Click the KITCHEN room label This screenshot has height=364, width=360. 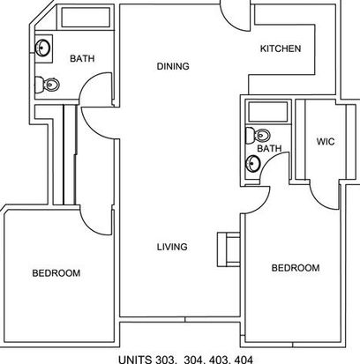click(x=281, y=48)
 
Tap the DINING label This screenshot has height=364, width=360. click(x=173, y=66)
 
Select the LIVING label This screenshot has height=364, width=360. click(x=172, y=247)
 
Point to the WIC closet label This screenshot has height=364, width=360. click(x=326, y=142)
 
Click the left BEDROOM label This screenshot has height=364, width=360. click(x=56, y=273)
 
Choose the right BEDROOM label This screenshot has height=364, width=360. click(x=296, y=268)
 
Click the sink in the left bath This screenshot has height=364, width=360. click(x=42, y=48)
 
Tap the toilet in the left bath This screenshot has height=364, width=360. click(x=47, y=85)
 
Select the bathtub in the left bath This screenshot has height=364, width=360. click(x=86, y=18)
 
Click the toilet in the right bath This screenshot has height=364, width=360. click(x=258, y=136)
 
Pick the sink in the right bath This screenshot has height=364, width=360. click(x=253, y=164)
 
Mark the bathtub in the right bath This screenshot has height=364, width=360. click(x=268, y=112)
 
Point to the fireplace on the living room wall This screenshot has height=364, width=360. click(x=229, y=249)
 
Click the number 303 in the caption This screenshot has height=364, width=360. click(x=163, y=360)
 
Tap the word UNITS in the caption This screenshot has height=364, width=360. click(x=135, y=360)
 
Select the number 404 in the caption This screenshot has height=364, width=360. click(x=244, y=360)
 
